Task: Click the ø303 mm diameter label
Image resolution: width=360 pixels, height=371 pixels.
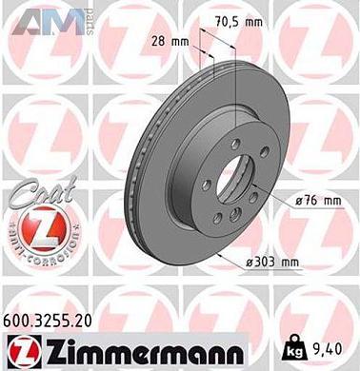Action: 275,263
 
